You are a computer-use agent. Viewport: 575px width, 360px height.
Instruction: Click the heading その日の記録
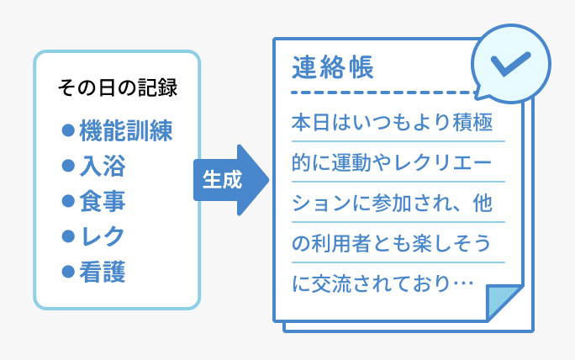click(x=118, y=88)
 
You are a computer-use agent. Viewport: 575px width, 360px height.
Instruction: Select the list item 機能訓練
click(x=126, y=130)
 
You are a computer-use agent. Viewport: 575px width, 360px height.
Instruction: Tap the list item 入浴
click(x=103, y=166)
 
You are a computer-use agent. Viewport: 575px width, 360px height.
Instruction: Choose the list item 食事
click(x=103, y=201)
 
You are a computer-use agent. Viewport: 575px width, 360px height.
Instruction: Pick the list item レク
click(x=103, y=236)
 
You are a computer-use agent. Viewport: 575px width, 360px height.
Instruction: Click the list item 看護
click(x=103, y=272)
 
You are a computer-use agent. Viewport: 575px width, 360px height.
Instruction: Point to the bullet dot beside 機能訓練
click(x=68, y=130)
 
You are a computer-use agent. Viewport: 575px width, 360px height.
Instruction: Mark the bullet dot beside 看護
click(x=68, y=272)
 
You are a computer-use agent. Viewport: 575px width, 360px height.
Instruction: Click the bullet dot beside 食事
click(x=68, y=201)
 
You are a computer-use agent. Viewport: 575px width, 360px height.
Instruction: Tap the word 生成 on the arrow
click(x=222, y=180)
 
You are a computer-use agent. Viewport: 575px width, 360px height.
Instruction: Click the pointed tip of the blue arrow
click(x=269, y=180)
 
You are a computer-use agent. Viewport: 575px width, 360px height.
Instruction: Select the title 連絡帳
click(x=333, y=67)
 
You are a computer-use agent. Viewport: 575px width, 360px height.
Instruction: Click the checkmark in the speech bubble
click(x=510, y=64)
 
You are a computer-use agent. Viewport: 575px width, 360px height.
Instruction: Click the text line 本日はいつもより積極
click(x=392, y=122)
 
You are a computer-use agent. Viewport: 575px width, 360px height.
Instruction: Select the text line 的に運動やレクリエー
click(x=392, y=162)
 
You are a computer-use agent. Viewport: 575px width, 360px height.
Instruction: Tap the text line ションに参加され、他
click(x=392, y=203)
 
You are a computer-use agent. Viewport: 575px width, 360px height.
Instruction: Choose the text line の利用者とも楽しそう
click(x=391, y=243)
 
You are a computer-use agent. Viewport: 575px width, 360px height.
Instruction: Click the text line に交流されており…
click(x=382, y=283)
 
